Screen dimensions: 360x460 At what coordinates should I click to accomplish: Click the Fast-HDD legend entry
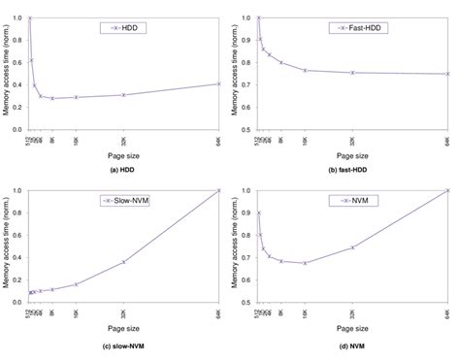(x=352, y=28)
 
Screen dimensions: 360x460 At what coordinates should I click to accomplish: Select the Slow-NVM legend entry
(x=123, y=201)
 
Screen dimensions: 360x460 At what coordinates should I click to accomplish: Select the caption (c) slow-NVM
(x=123, y=344)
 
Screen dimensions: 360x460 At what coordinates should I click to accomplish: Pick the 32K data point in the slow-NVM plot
(x=123, y=262)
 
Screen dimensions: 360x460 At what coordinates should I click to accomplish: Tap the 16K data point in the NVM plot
(x=305, y=263)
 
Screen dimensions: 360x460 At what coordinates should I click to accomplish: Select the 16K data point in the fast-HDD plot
(x=305, y=70)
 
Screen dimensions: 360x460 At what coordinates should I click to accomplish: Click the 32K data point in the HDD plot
(x=123, y=94)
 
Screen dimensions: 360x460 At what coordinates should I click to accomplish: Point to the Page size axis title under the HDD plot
(x=123, y=153)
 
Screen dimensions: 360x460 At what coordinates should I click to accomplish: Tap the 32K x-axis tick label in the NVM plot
(x=353, y=313)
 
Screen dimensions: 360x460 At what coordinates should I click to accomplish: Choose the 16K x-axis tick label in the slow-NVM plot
(x=76, y=313)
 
